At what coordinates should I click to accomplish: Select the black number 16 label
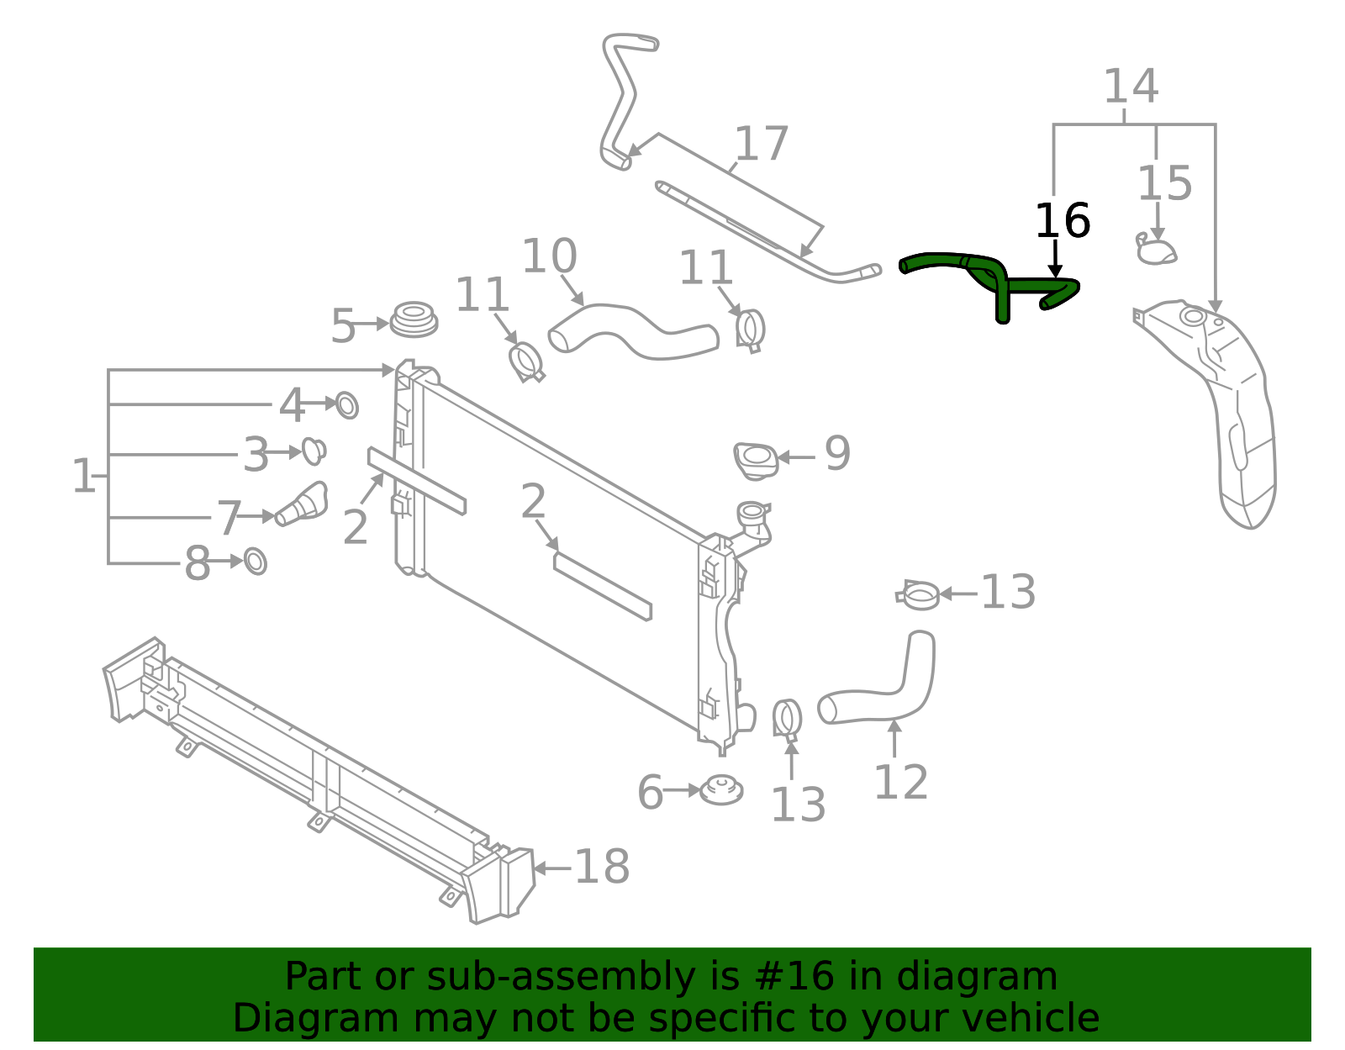(1062, 221)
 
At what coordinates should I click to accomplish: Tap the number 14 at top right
(1130, 87)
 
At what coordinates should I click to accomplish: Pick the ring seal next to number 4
(346, 405)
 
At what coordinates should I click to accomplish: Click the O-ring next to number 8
(256, 561)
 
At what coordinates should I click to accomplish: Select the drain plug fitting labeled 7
(301, 504)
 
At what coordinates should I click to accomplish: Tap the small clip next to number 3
(314, 451)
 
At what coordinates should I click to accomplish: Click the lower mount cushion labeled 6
(721, 790)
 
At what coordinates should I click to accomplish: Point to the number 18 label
(602, 867)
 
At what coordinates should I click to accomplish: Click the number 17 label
(761, 144)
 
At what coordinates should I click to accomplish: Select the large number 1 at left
(83, 476)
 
